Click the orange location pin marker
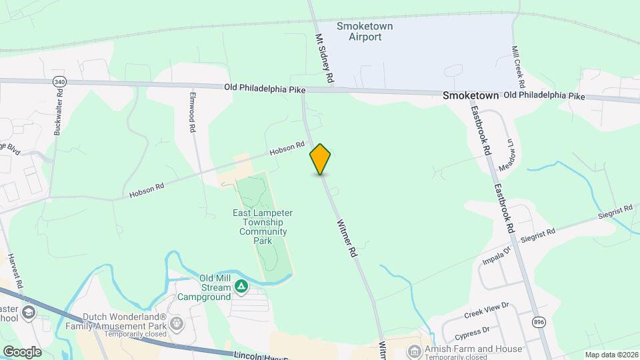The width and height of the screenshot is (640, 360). click(x=321, y=159)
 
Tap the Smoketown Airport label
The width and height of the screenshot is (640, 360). click(x=364, y=31)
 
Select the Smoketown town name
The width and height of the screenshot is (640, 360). click(x=471, y=96)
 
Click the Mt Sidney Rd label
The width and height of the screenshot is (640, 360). click(x=324, y=59)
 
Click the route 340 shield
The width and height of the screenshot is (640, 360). click(x=59, y=81)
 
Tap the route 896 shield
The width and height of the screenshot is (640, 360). click(x=539, y=322)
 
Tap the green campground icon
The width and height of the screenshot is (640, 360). click(x=241, y=288)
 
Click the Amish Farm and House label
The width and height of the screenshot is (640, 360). click(x=471, y=349)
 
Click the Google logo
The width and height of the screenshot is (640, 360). click(x=22, y=351)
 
